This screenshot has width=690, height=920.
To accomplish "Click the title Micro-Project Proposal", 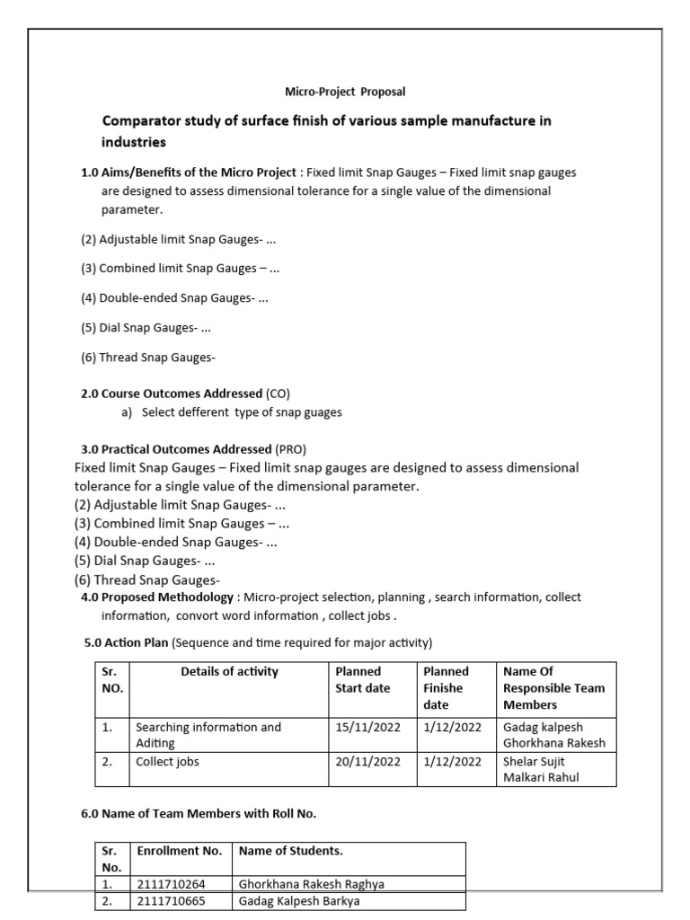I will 345,92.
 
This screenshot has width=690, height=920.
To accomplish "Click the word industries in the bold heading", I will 133,142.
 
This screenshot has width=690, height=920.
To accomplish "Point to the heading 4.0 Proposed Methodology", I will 157,597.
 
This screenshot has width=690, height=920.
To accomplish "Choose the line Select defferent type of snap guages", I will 242,412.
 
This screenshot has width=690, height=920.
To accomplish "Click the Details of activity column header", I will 229,671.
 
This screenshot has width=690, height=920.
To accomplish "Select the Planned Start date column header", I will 362,679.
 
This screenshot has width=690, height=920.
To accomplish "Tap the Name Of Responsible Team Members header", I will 554,688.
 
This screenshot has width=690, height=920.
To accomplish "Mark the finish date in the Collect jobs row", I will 453,761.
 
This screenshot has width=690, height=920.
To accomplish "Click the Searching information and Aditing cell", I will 208,735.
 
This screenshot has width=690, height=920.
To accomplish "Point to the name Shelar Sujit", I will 535,761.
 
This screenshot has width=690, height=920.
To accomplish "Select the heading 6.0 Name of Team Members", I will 199,814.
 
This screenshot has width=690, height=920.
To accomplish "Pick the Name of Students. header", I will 290,850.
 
